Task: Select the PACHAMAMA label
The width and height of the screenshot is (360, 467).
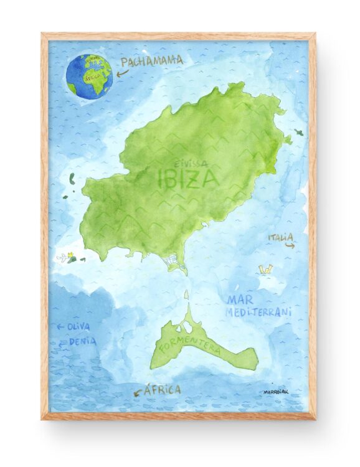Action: (152, 61)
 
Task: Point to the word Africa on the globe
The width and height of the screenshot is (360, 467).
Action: (90, 79)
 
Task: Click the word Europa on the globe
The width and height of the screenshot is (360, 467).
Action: (95, 62)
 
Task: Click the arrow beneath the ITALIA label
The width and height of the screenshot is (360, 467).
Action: (289, 246)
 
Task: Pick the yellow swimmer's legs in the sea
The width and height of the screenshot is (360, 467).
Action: (267, 269)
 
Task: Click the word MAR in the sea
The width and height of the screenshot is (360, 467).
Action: (240, 300)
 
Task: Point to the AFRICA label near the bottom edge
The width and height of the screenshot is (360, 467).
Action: (162, 390)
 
